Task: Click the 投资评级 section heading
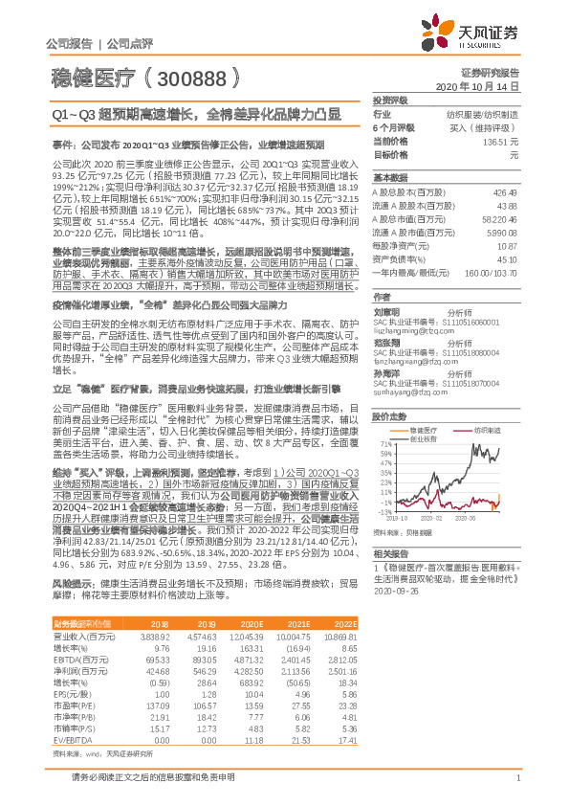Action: click(391, 99)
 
